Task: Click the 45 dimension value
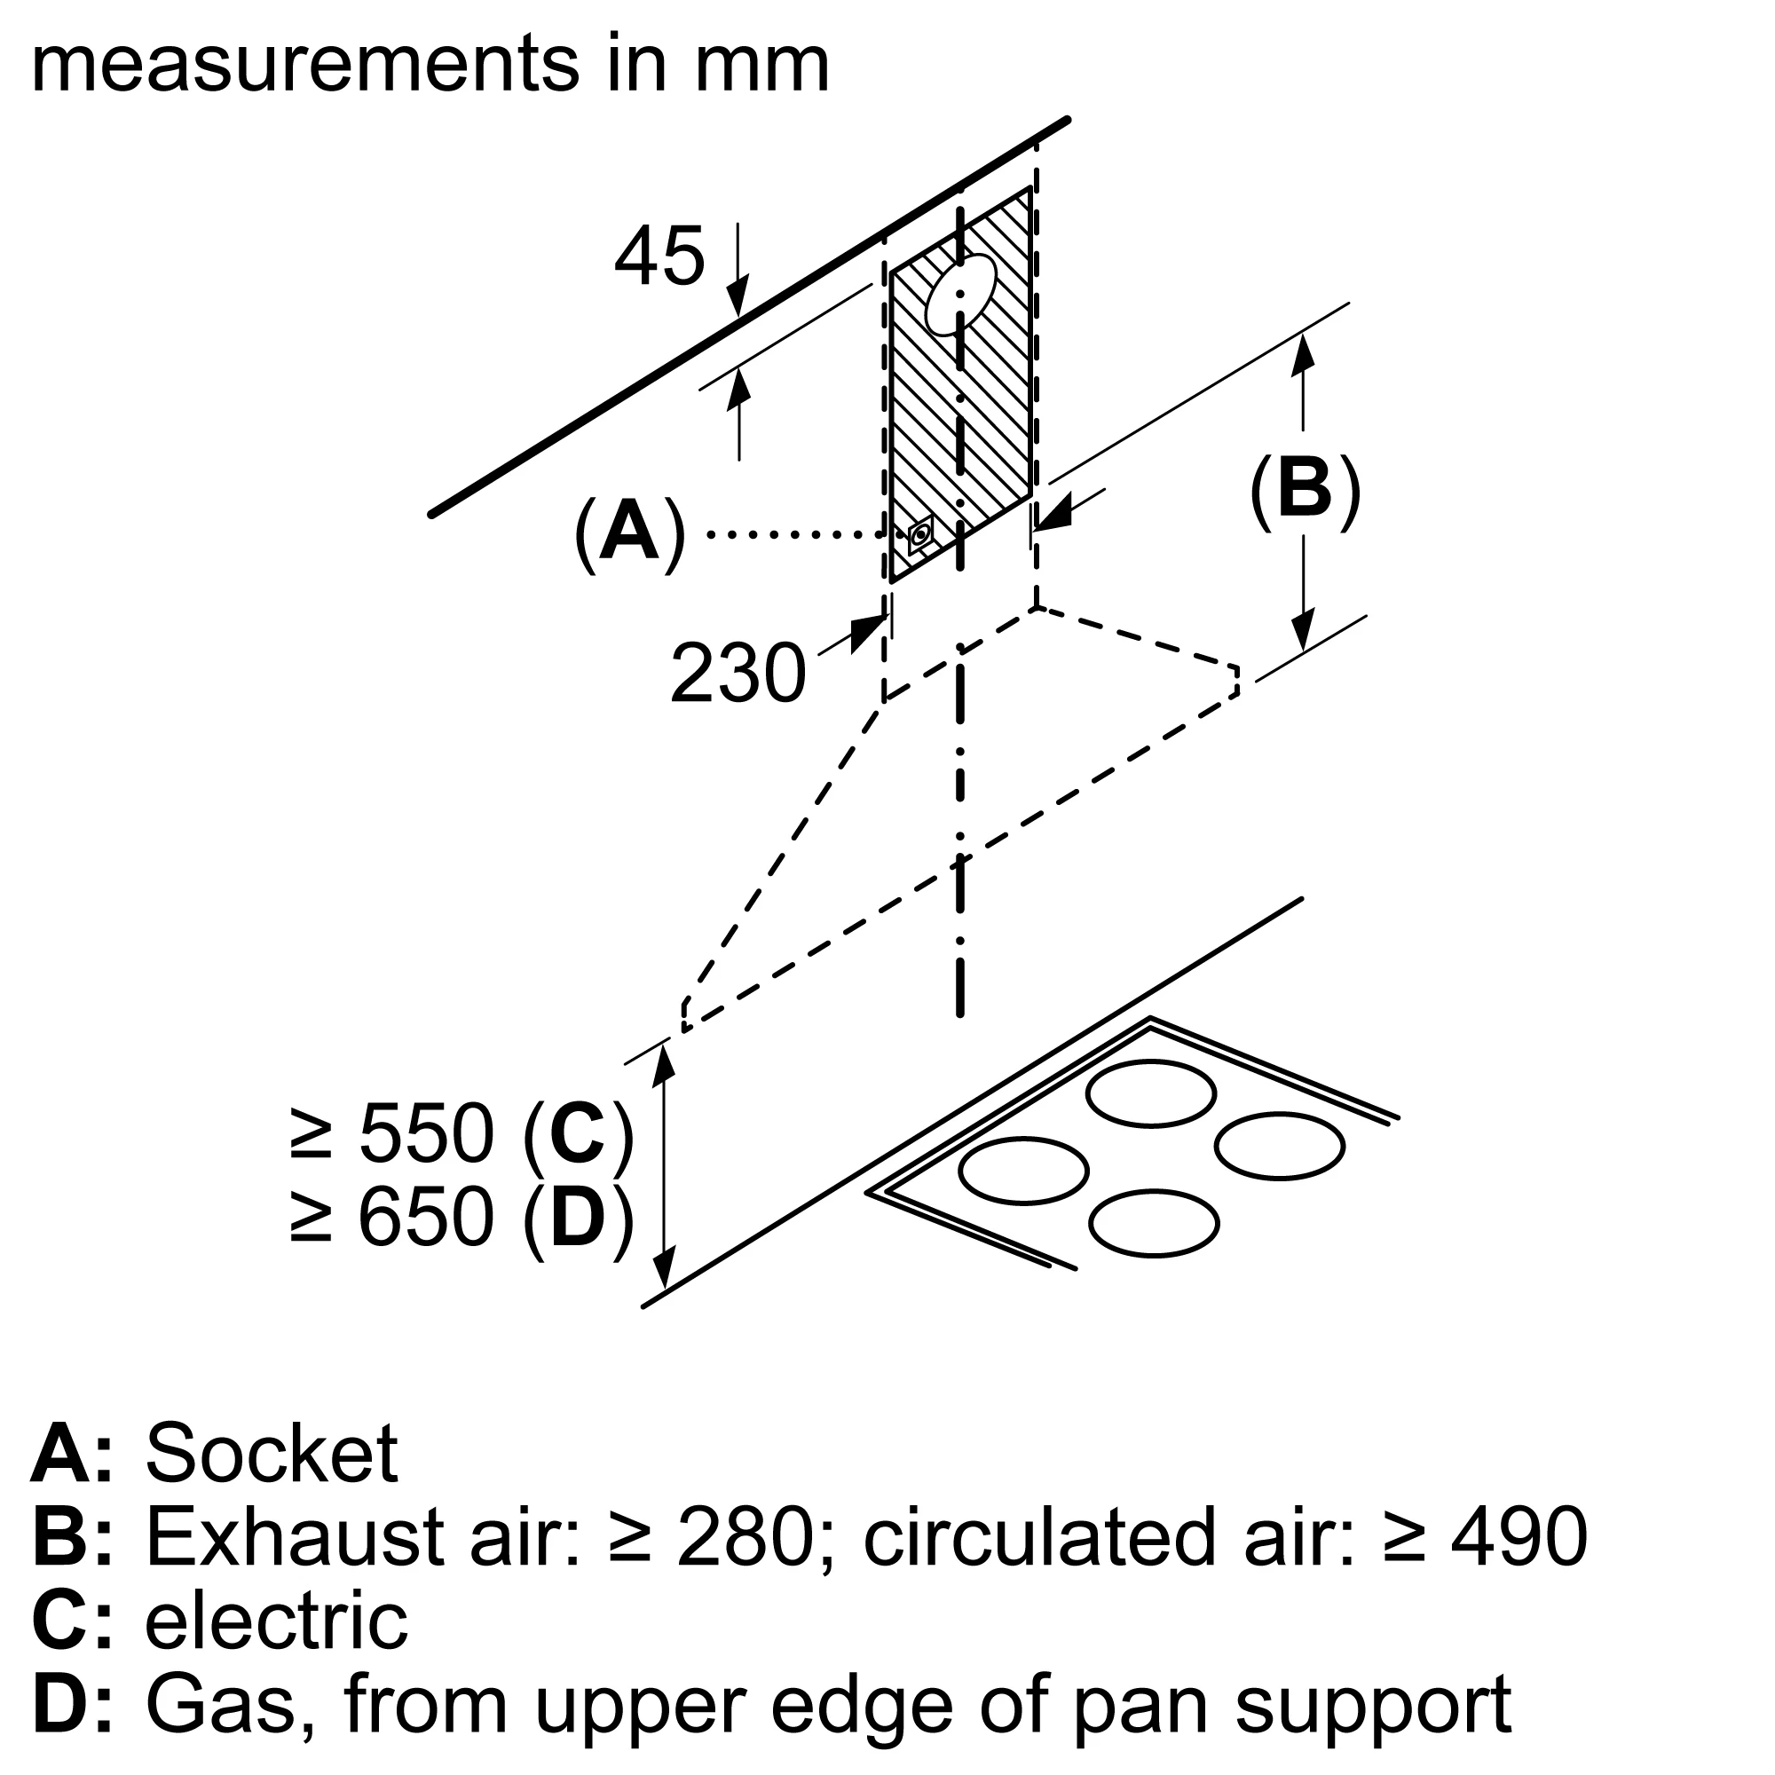tap(659, 256)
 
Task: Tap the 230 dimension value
tap(738, 674)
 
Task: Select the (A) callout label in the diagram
tap(629, 532)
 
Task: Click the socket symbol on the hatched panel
tap(920, 534)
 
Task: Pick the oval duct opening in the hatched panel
tap(961, 294)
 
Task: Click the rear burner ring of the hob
tap(1150, 1093)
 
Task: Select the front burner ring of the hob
tap(1154, 1223)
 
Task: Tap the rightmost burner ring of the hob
tap(1279, 1146)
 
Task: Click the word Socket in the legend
tap(271, 1454)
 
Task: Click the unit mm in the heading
tap(761, 64)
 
